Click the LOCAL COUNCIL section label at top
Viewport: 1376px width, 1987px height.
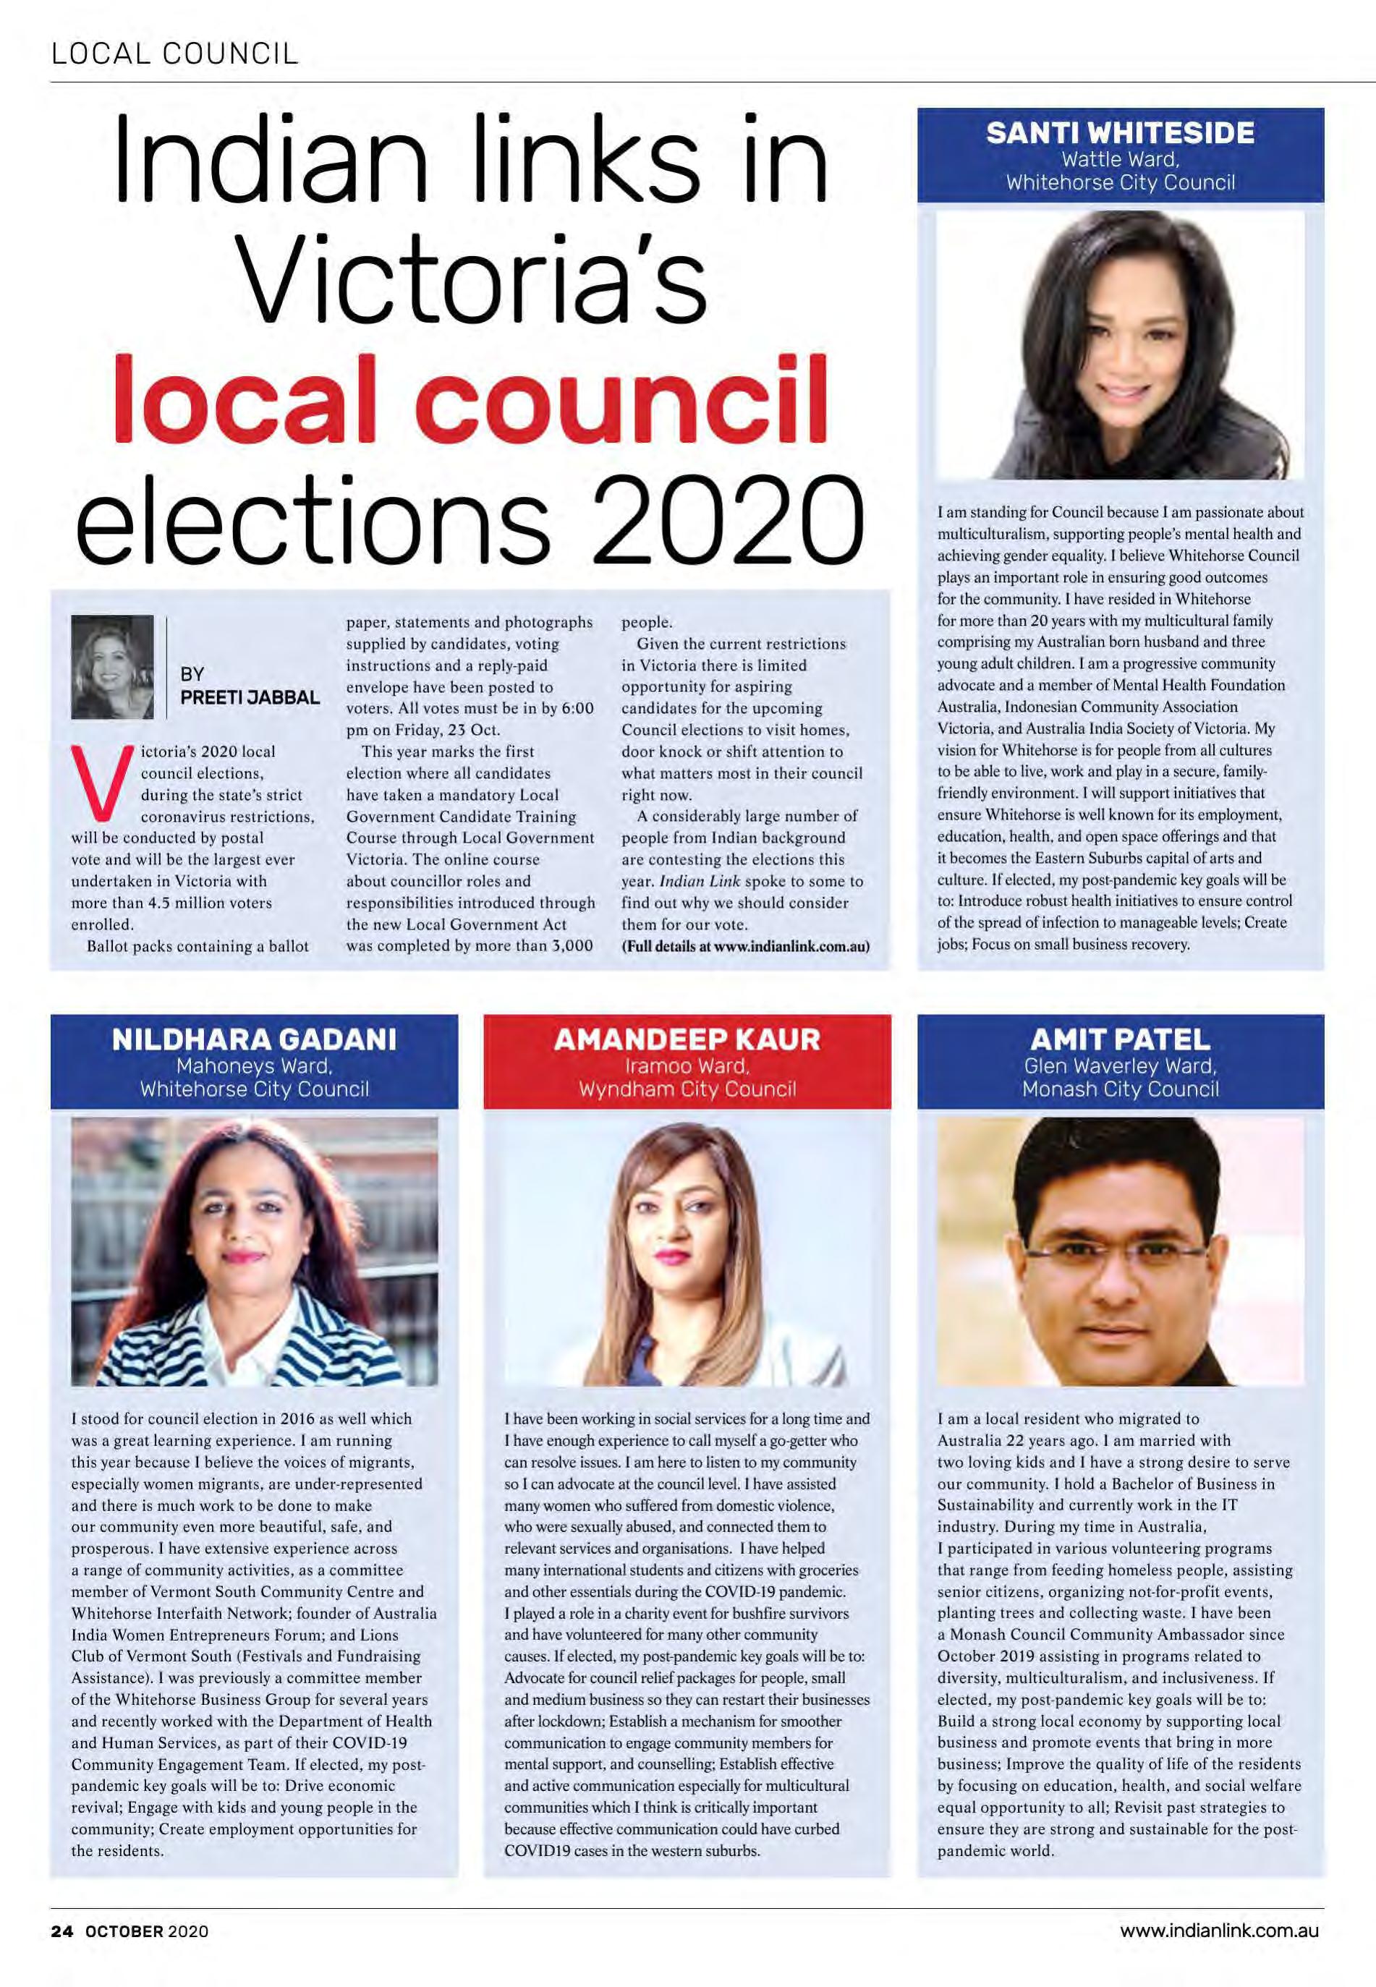(175, 54)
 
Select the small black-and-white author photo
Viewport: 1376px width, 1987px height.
(112, 666)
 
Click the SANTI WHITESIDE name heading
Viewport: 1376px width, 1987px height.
(1120, 134)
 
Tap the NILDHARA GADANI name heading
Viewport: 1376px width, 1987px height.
(255, 1039)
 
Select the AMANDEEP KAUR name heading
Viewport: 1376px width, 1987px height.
(687, 1039)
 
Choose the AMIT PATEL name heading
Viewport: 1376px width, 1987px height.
(1120, 1039)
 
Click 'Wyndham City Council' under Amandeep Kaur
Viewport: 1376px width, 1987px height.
(687, 1089)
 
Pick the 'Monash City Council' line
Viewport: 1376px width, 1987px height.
(1120, 1089)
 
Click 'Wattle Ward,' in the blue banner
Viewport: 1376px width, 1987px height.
(1120, 159)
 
